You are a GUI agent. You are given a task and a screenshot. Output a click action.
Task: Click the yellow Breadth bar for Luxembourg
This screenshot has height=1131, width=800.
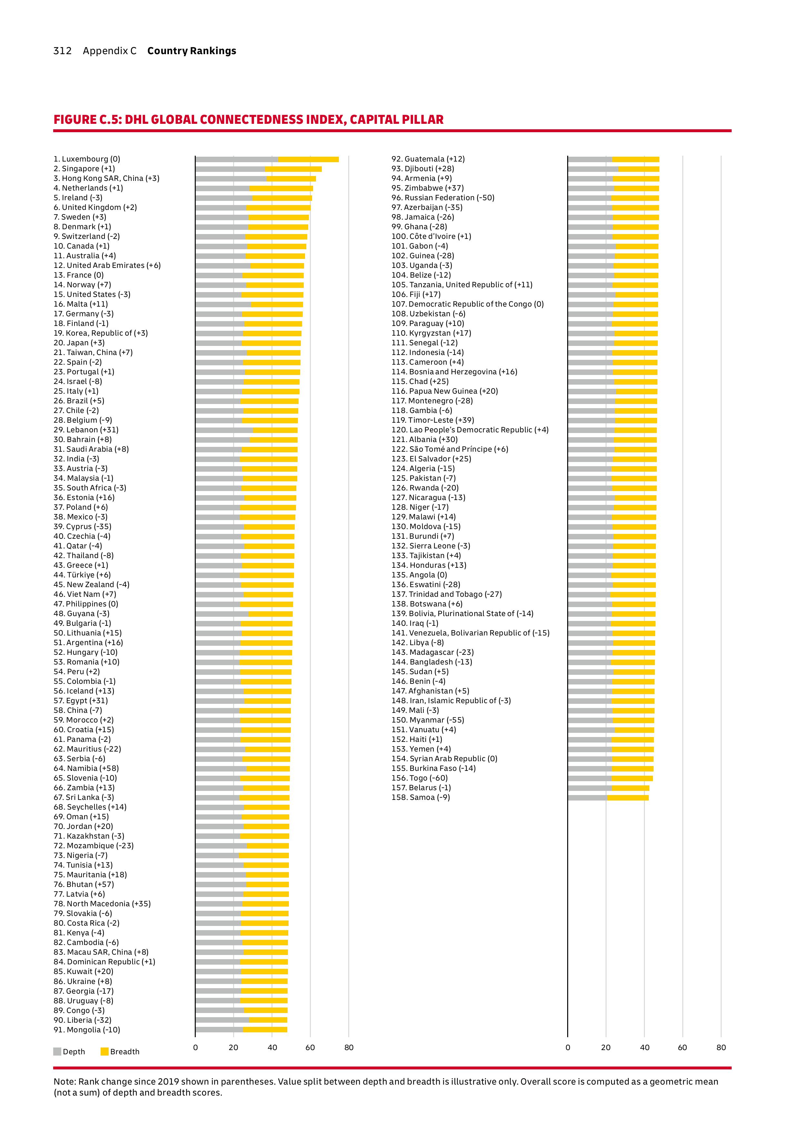pyautogui.click(x=308, y=159)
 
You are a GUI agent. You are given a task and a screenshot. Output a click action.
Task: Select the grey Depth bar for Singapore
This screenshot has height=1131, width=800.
pyautogui.click(x=230, y=169)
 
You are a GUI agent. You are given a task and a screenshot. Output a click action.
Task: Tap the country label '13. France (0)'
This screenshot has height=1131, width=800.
pyautogui.click(x=79, y=275)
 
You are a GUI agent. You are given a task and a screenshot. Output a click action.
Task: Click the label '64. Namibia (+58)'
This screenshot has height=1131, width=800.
pyautogui.click(x=86, y=768)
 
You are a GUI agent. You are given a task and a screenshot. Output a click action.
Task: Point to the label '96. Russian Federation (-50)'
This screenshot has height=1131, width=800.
pyautogui.click(x=443, y=198)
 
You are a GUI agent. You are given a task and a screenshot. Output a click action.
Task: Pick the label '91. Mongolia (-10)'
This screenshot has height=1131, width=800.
pyautogui.click(x=87, y=1030)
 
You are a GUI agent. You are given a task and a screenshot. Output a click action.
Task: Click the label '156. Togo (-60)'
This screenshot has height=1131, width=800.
pyautogui.click(x=420, y=778)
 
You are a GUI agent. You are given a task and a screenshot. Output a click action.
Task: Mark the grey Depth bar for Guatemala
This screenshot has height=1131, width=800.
pyautogui.click(x=590, y=159)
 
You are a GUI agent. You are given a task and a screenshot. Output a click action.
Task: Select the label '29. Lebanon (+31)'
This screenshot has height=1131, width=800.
pyautogui.click(x=86, y=430)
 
